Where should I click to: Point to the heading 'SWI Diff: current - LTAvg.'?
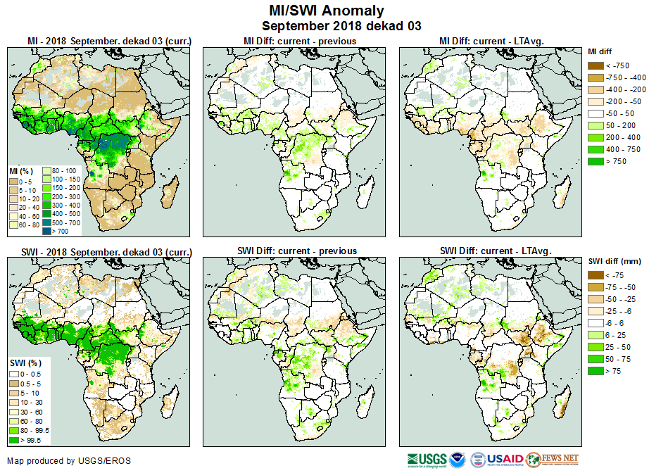point(495,251)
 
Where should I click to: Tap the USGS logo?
point(426,460)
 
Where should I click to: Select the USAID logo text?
point(505,459)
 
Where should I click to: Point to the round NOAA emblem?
point(458,460)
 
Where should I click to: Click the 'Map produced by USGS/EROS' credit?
point(69,461)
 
